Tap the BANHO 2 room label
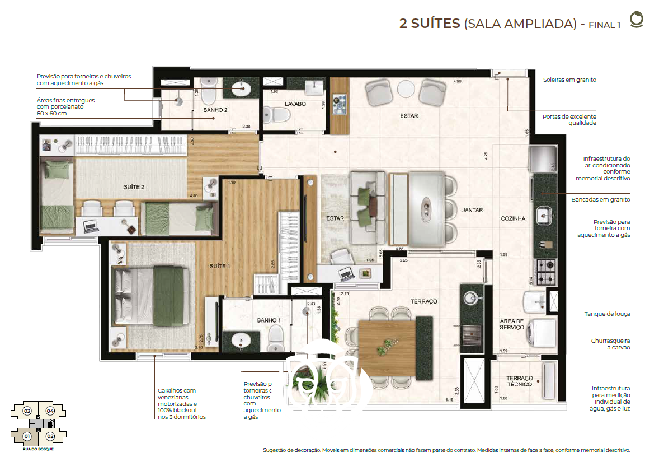pyautogui.click(x=215, y=110)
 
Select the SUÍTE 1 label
pyautogui.click(x=220, y=266)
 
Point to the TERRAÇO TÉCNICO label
pyautogui.click(x=519, y=381)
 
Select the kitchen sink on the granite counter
pyautogui.click(x=545, y=215)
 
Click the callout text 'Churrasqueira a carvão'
pyautogui.click(x=610, y=344)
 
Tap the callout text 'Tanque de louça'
pyautogui.click(x=607, y=314)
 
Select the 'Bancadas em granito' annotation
pyautogui.click(x=600, y=199)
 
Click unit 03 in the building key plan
pyautogui.click(x=26, y=411)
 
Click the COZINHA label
pyautogui.click(x=513, y=219)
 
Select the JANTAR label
pyautogui.click(x=472, y=211)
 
